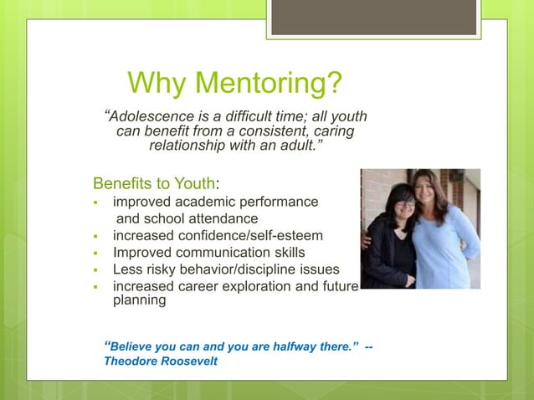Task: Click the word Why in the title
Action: (155, 84)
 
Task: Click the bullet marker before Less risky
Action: (96, 269)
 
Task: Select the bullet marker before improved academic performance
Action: (96, 203)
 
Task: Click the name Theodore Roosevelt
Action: (160, 362)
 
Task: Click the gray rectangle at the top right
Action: (374, 18)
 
